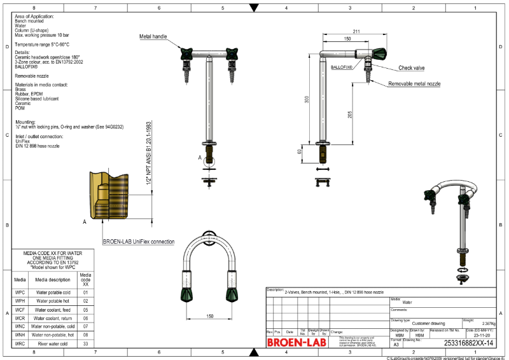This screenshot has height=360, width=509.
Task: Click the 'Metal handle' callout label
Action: click(153, 37)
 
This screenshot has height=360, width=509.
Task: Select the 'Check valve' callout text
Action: click(412, 67)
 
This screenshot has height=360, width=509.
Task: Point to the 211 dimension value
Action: click(356, 31)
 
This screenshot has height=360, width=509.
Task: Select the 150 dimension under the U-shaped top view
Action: click(209, 315)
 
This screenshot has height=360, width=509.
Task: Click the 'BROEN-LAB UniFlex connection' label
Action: click(139, 242)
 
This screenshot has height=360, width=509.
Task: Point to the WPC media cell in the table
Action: click(20, 293)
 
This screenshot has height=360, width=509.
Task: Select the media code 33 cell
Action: click(85, 343)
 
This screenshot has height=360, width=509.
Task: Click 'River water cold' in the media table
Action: click(53, 343)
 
